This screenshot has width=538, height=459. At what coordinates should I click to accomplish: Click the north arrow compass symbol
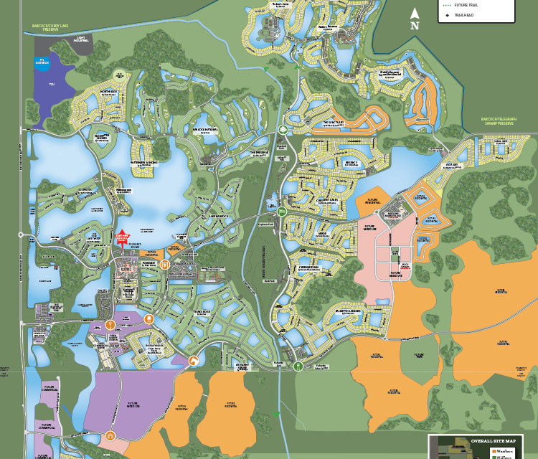(x=415, y=16)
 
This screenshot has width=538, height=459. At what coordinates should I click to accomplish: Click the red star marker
(x=122, y=237)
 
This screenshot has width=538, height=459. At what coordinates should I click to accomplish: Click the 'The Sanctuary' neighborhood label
(x=333, y=123)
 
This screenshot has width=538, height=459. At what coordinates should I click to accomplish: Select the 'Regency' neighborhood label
(x=331, y=164)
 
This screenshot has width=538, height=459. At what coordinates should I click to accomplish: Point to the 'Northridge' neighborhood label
(x=109, y=93)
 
